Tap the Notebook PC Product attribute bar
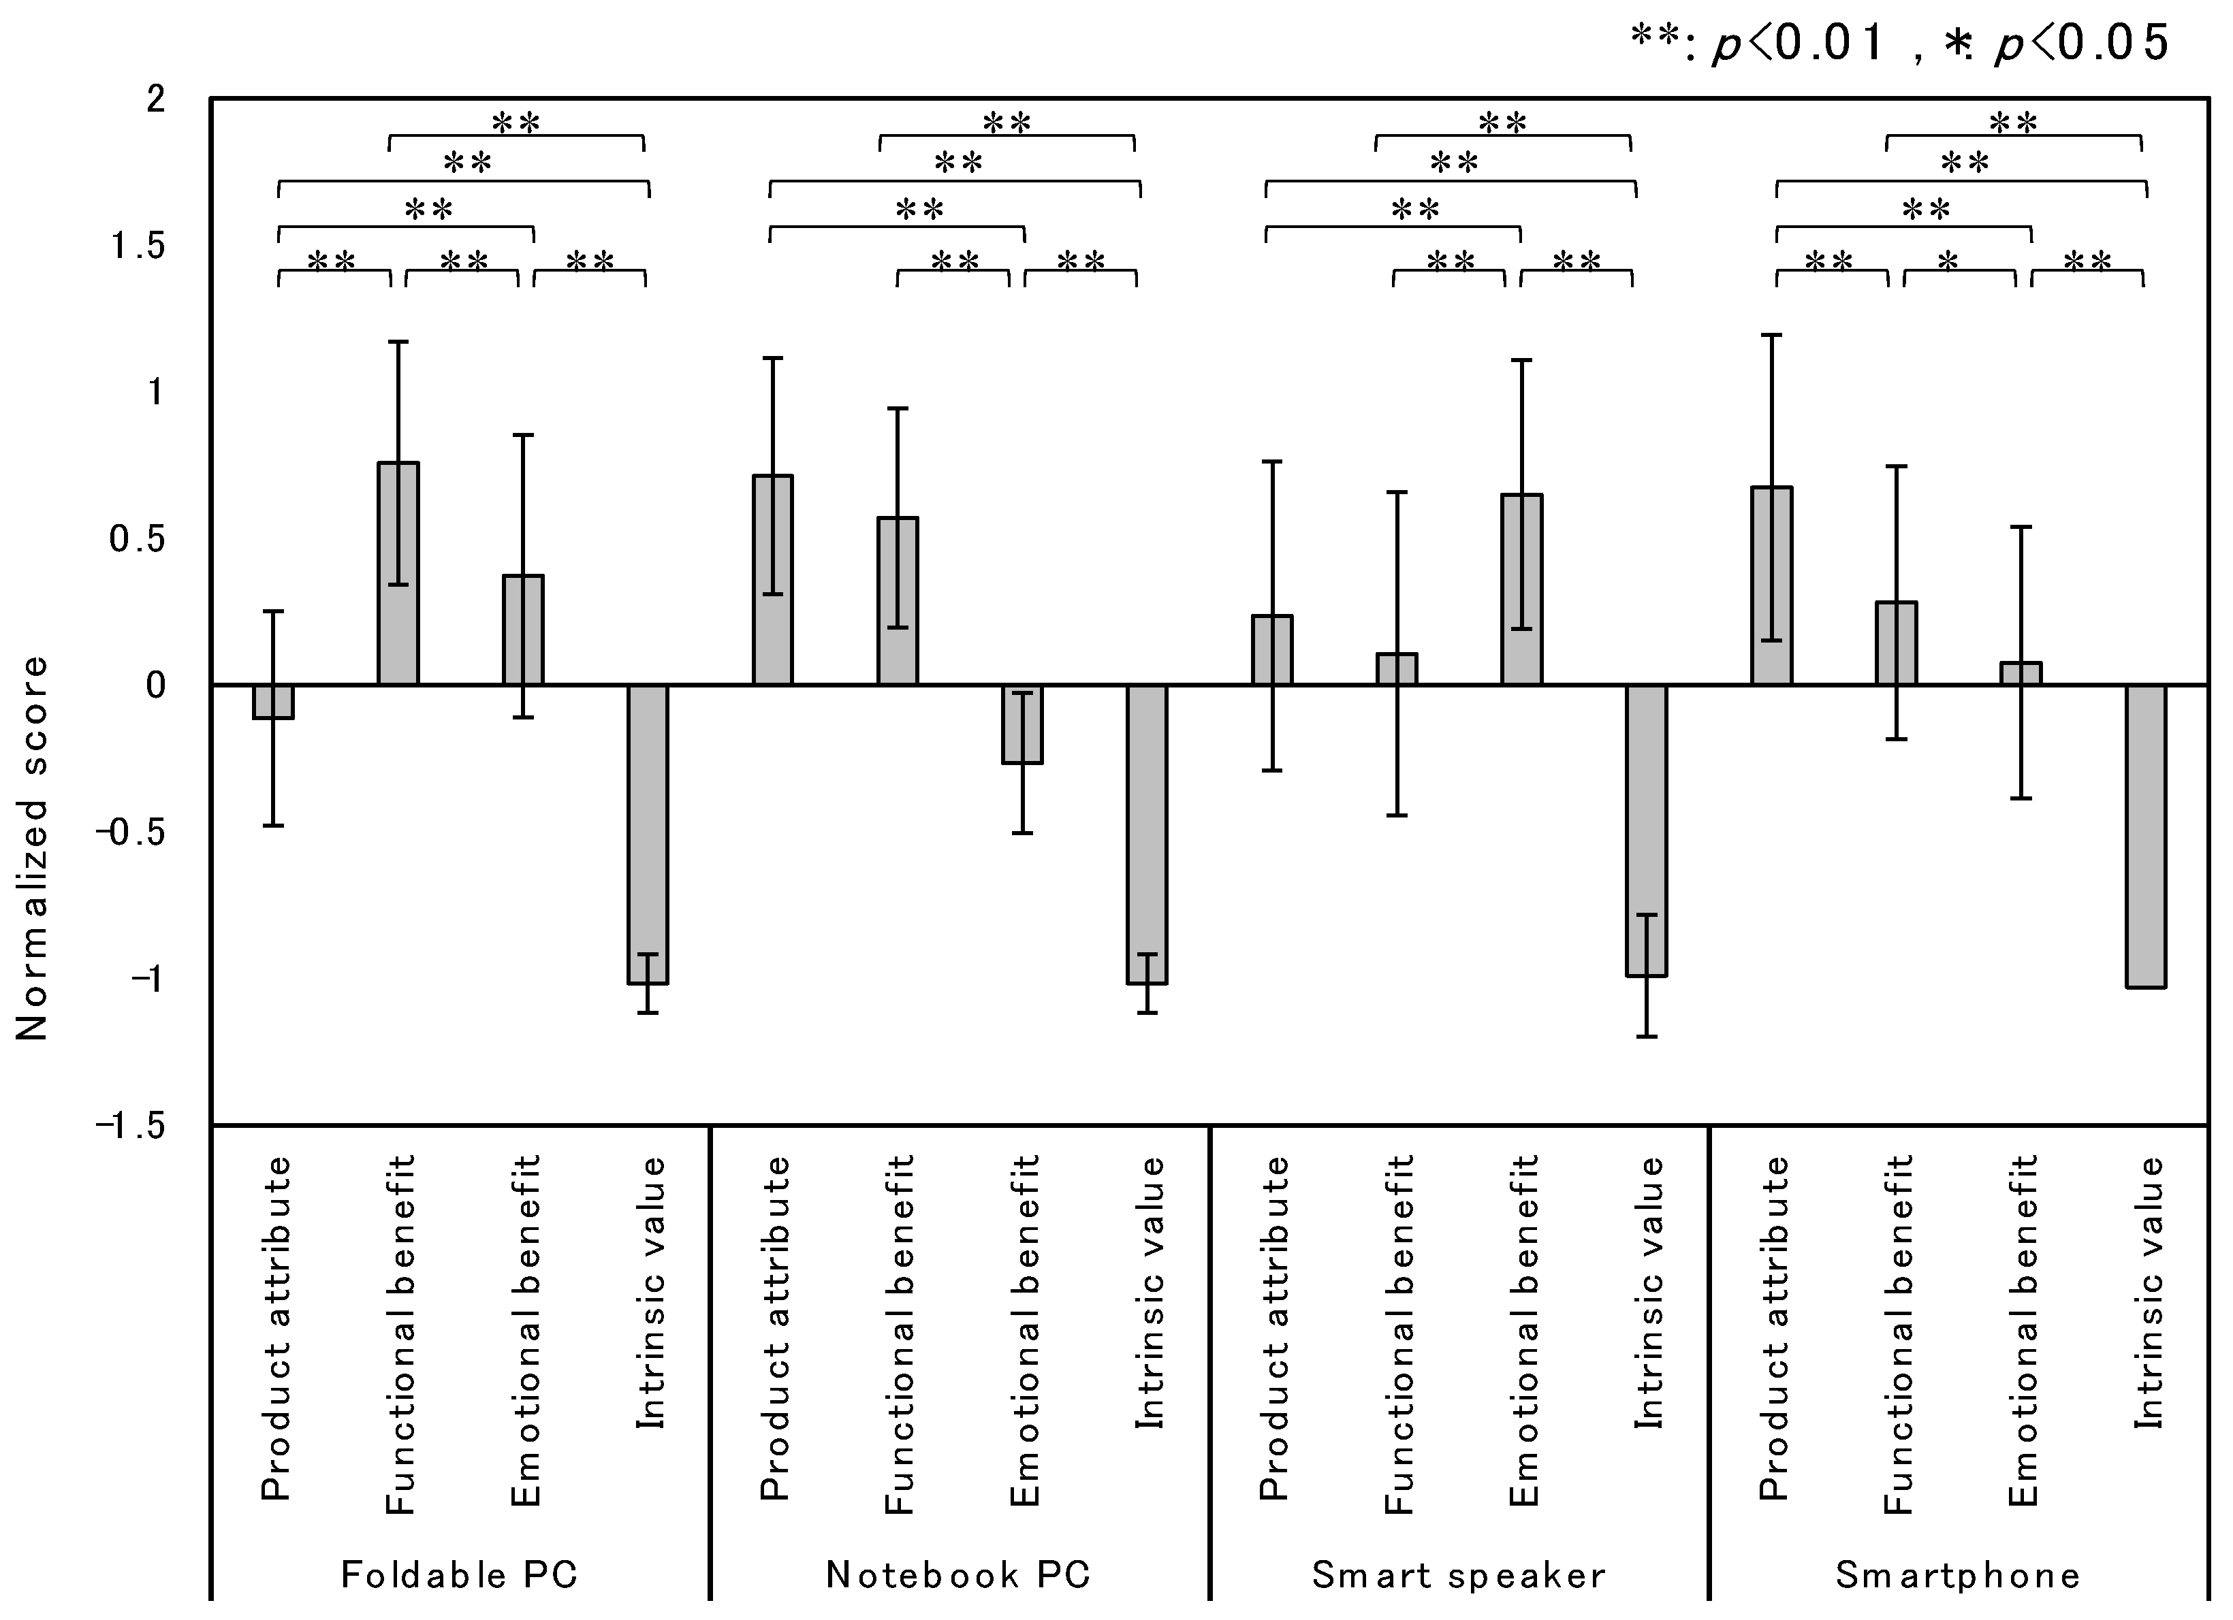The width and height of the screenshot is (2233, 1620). (x=773, y=581)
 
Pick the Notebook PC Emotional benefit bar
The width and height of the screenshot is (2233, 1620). (x=1022, y=724)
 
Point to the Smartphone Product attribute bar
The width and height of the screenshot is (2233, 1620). (x=1771, y=587)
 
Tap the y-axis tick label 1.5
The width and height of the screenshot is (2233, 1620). (x=137, y=246)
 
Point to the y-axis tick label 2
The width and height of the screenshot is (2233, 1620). (x=155, y=100)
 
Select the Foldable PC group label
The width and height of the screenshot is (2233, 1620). (x=459, y=1574)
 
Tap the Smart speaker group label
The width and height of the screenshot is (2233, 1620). (x=1458, y=1574)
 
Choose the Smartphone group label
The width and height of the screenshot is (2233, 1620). (x=1957, y=1574)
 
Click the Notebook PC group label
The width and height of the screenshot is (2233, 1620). (x=958, y=1574)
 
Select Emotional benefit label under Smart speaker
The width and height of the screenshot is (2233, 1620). (x=1523, y=1331)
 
